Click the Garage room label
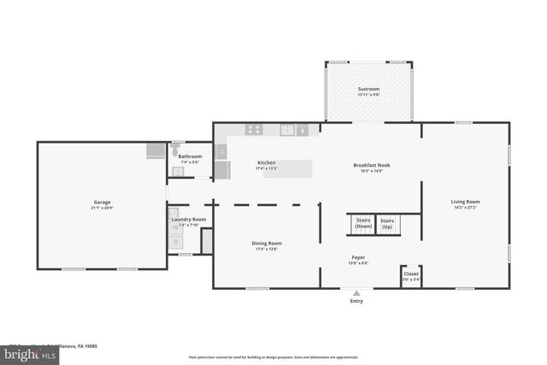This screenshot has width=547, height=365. coord(102,203)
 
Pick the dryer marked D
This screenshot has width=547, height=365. coord(175,242)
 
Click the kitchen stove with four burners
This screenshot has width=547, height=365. coord(255,130)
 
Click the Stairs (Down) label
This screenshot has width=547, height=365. coord(363,224)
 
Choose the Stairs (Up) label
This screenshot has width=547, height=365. coord(387,224)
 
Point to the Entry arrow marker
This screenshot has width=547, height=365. coord(356,292)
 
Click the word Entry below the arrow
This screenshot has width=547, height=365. coord(356,301)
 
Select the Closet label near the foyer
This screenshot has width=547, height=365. coord(411,274)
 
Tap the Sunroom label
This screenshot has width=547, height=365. coord(368,88)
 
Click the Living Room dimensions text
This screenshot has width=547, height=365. coord(466,208)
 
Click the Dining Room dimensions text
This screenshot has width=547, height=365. coord(267,249)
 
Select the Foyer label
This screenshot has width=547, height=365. coord(359,257)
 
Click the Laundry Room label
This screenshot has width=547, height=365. coord(189,220)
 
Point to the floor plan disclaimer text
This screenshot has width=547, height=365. coord(273,356)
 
